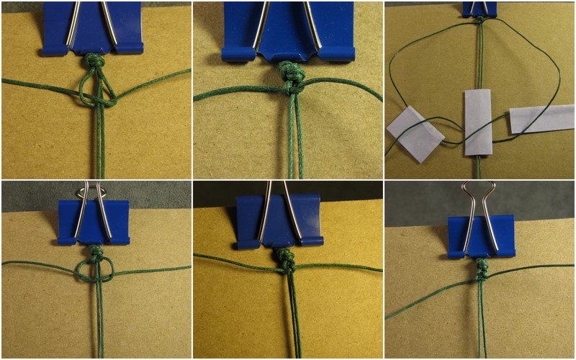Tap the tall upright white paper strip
point(477,122)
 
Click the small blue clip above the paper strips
point(480,8)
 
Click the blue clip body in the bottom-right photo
point(480,235)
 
